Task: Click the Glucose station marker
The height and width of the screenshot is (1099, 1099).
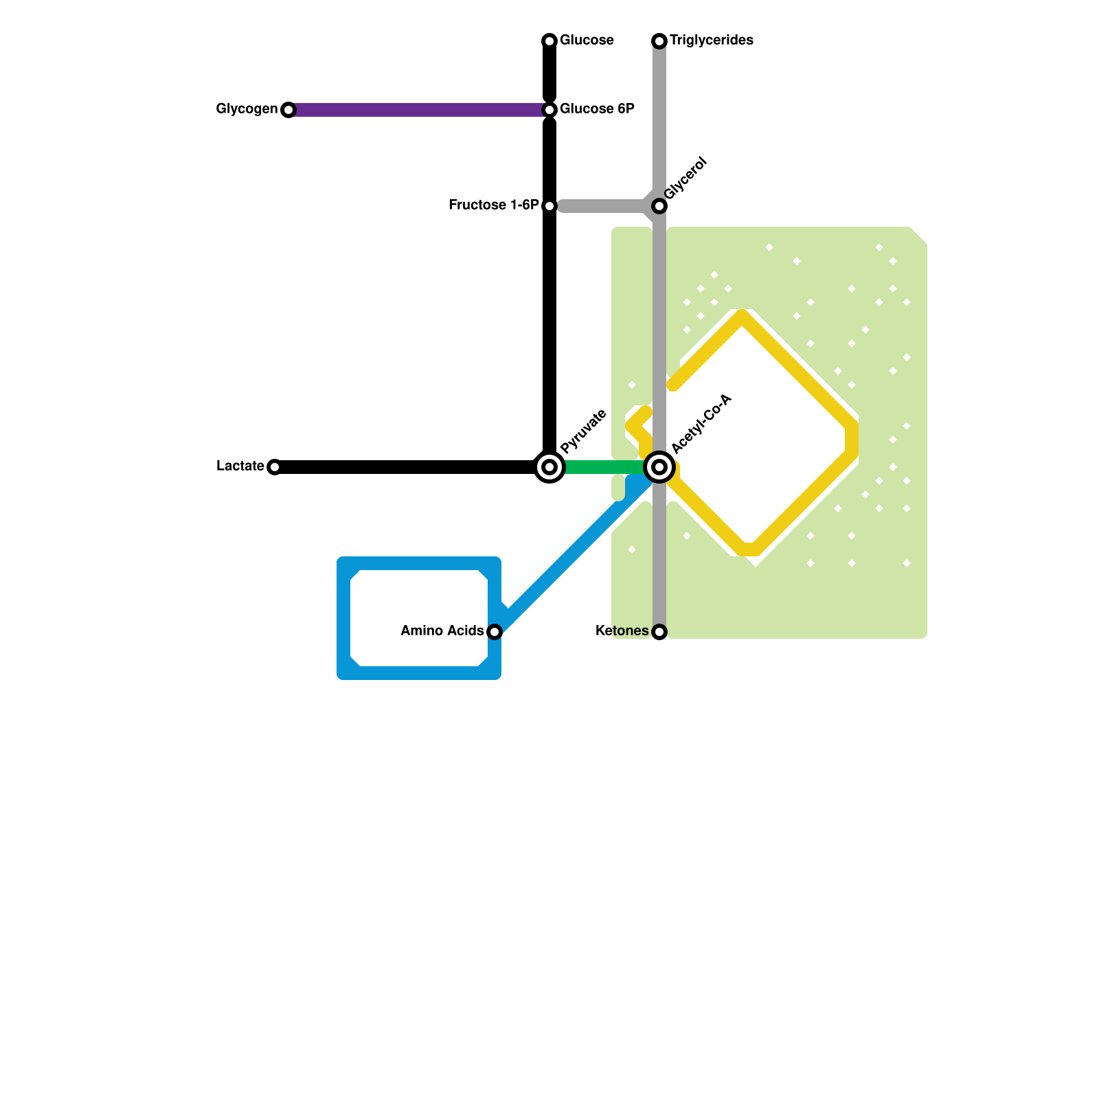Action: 549,41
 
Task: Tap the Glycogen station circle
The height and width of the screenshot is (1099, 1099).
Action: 288,110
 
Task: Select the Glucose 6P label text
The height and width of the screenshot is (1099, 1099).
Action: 596,109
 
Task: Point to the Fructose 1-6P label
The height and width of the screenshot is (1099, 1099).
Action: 493,205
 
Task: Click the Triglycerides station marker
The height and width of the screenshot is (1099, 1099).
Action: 659,41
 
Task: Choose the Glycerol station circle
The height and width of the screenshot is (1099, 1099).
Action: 659,206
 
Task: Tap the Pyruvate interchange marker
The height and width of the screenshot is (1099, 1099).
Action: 549,467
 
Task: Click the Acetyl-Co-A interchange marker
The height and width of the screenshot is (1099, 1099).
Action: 659,467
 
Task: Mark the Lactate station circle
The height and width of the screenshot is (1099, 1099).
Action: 275,467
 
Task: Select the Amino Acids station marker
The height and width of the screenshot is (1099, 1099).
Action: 495,632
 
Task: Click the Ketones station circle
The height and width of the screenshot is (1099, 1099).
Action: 659,632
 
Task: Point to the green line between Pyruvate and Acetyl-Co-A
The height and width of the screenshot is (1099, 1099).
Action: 604,467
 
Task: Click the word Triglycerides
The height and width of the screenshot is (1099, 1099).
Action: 712,41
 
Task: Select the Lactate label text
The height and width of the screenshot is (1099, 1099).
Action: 240,466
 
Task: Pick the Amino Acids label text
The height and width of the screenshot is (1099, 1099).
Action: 442,631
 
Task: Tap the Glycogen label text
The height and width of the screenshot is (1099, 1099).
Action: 247,109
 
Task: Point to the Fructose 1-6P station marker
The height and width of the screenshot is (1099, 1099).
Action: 549,206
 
